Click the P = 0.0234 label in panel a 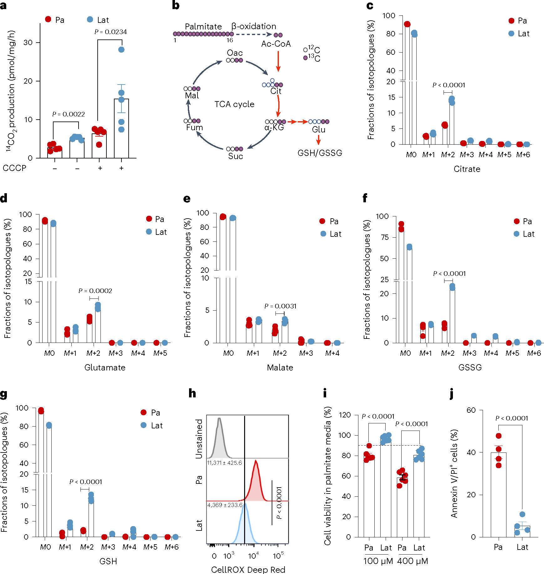click(110, 32)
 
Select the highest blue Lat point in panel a click(121, 49)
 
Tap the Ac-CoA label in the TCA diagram click(276, 44)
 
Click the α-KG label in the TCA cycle click(274, 128)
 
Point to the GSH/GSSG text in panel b click(320, 153)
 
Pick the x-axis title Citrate click(467, 169)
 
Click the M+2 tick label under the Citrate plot click(448, 155)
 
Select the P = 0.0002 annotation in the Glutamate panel click(95, 291)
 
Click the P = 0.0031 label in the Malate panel click(280, 306)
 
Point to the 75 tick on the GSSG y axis click(384, 237)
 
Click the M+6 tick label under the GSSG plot click(534, 353)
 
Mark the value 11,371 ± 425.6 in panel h click(224, 463)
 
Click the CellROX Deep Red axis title click(248, 569)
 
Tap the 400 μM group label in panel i click(412, 561)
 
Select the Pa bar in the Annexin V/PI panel click(498, 495)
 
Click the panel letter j click(452, 394)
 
